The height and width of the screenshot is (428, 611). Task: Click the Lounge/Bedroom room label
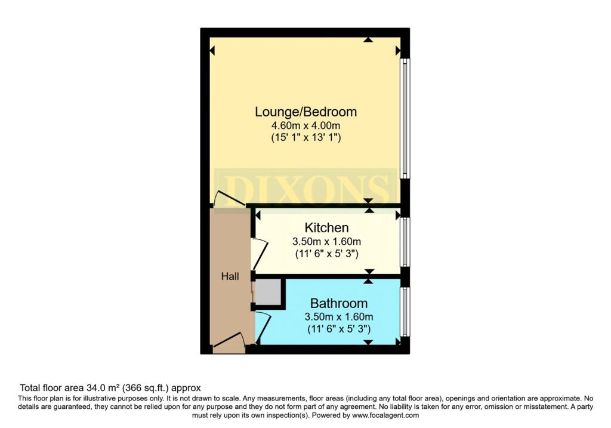click(x=306, y=112)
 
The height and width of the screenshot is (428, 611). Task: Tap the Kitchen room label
click(x=326, y=227)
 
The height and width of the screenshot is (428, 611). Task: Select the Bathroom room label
click(x=339, y=303)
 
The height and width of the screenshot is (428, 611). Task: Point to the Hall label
click(x=230, y=276)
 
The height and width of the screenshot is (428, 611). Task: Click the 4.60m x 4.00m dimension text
click(x=306, y=125)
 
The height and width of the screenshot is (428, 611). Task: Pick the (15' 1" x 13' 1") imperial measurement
click(x=306, y=137)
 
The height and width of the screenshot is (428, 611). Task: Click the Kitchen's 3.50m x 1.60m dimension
click(x=326, y=242)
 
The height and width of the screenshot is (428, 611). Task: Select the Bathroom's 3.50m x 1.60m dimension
click(x=339, y=317)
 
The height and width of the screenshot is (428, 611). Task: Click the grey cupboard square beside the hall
click(x=269, y=291)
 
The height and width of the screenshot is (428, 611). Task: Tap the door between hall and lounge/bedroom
click(x=229, y=198)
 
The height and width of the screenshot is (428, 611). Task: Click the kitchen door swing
click(x=260, y=254)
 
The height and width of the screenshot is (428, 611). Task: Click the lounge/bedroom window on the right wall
click(x=405, y=119)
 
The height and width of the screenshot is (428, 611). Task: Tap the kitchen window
click(x=405, y=242)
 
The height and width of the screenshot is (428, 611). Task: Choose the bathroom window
click(x=405, y=312)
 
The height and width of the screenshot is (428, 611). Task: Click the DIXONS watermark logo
click(x=306, y=188)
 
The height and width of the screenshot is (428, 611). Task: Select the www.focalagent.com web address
click(x=386, y=415)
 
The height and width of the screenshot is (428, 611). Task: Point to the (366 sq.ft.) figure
click(x=146, y=388)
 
